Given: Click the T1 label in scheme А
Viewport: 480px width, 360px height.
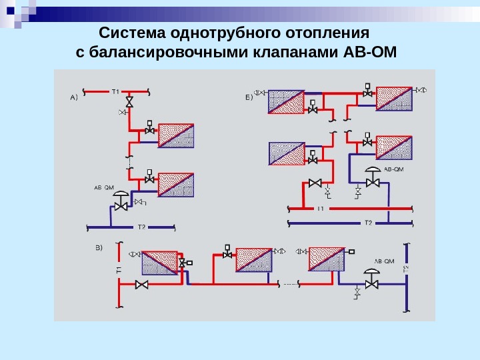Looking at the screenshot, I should pyautogui.click(x=115, y=91).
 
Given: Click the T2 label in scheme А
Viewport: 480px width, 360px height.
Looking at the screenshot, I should pyautogui.click(x=141, y=227).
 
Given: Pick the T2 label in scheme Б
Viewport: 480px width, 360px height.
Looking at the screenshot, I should pyautogui.click(x=367, y=222).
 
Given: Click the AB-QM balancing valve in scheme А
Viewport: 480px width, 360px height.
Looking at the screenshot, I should pyautogui.click(x=121, y=203).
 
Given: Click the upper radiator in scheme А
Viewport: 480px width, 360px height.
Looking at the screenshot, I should pyautogui.click(x=176, y=135).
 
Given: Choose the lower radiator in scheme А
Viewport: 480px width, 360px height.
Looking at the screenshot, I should pyautogui.click(x=176, y=185).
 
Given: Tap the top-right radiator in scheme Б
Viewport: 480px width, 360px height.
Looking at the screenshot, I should pyautogui.click(x=395, y=99).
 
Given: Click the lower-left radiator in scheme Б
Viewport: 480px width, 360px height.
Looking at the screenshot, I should pyautogui.click(x=286, y=153).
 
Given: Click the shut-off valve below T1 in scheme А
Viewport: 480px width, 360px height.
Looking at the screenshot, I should pyautogui.click(x=129, y=102).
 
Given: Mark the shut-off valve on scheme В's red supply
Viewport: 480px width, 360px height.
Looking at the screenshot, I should pyautogui.click(x=141, y=285).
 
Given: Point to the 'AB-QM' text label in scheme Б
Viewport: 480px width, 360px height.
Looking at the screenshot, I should pyautogui.click(x=394, y=169).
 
